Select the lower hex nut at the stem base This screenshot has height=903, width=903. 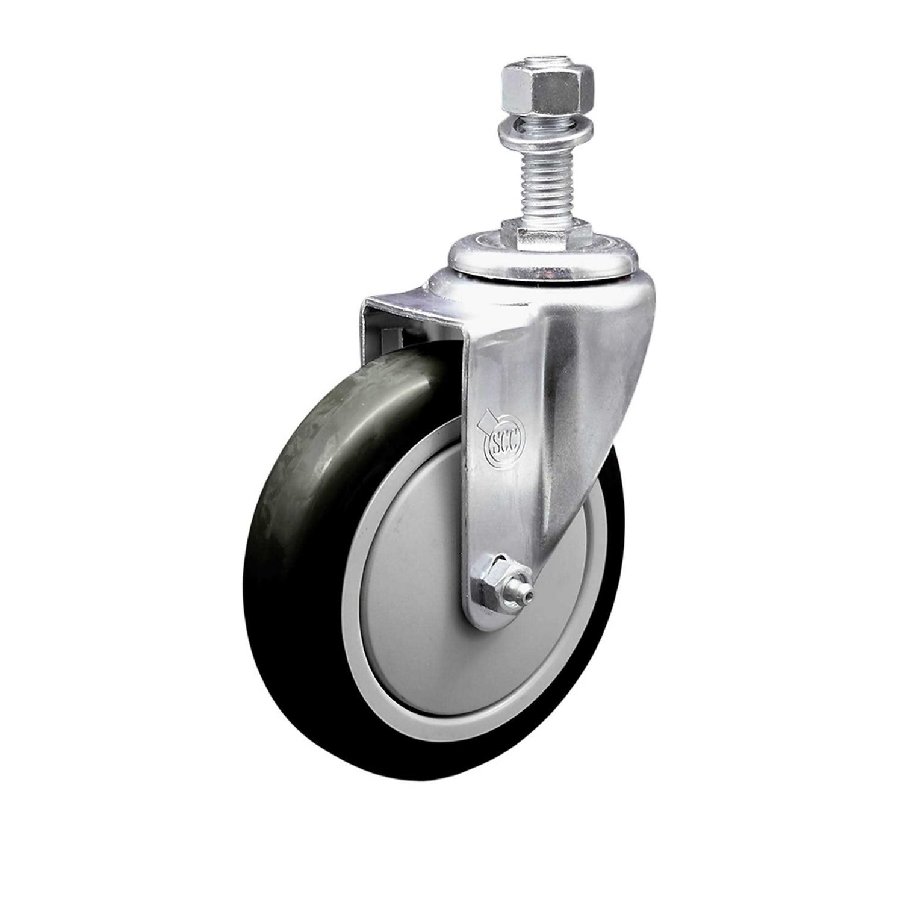pos(547,233)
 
